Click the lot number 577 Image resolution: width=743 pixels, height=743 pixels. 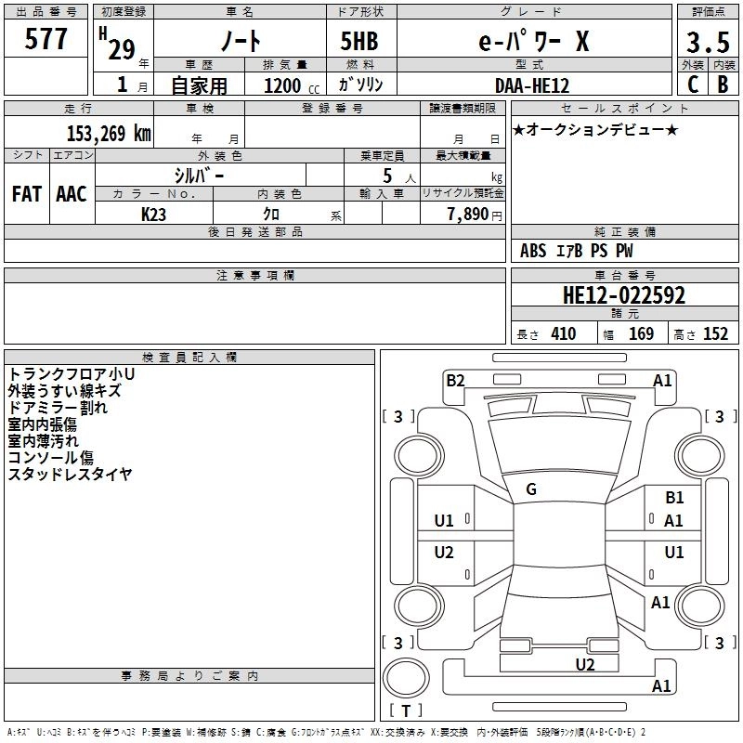click(x=46, y=40)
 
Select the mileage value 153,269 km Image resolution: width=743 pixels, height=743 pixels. click(x=109, y=133)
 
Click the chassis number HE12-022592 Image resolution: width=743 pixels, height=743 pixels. click(x=624, y=295)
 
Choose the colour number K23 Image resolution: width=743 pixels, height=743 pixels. click(x=153, y=213)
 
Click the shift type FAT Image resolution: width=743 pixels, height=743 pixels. click(x=26, y=193)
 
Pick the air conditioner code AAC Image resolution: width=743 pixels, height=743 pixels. click(x=71, y=193)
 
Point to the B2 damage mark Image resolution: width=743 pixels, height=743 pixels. click(x=455, y=380)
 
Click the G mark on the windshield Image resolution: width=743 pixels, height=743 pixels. click(x=531, y=489)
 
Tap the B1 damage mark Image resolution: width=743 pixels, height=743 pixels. click(x=674, y=498)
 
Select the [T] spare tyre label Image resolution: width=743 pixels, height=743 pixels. click(x=406, y=710)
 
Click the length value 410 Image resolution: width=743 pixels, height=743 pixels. click(x=563, y=333)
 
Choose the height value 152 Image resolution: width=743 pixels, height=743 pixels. click(x=715, y=333)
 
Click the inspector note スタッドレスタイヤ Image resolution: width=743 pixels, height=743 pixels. click(x=70, y=475)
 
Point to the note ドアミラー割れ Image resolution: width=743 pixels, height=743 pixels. click(x=57, y=407)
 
